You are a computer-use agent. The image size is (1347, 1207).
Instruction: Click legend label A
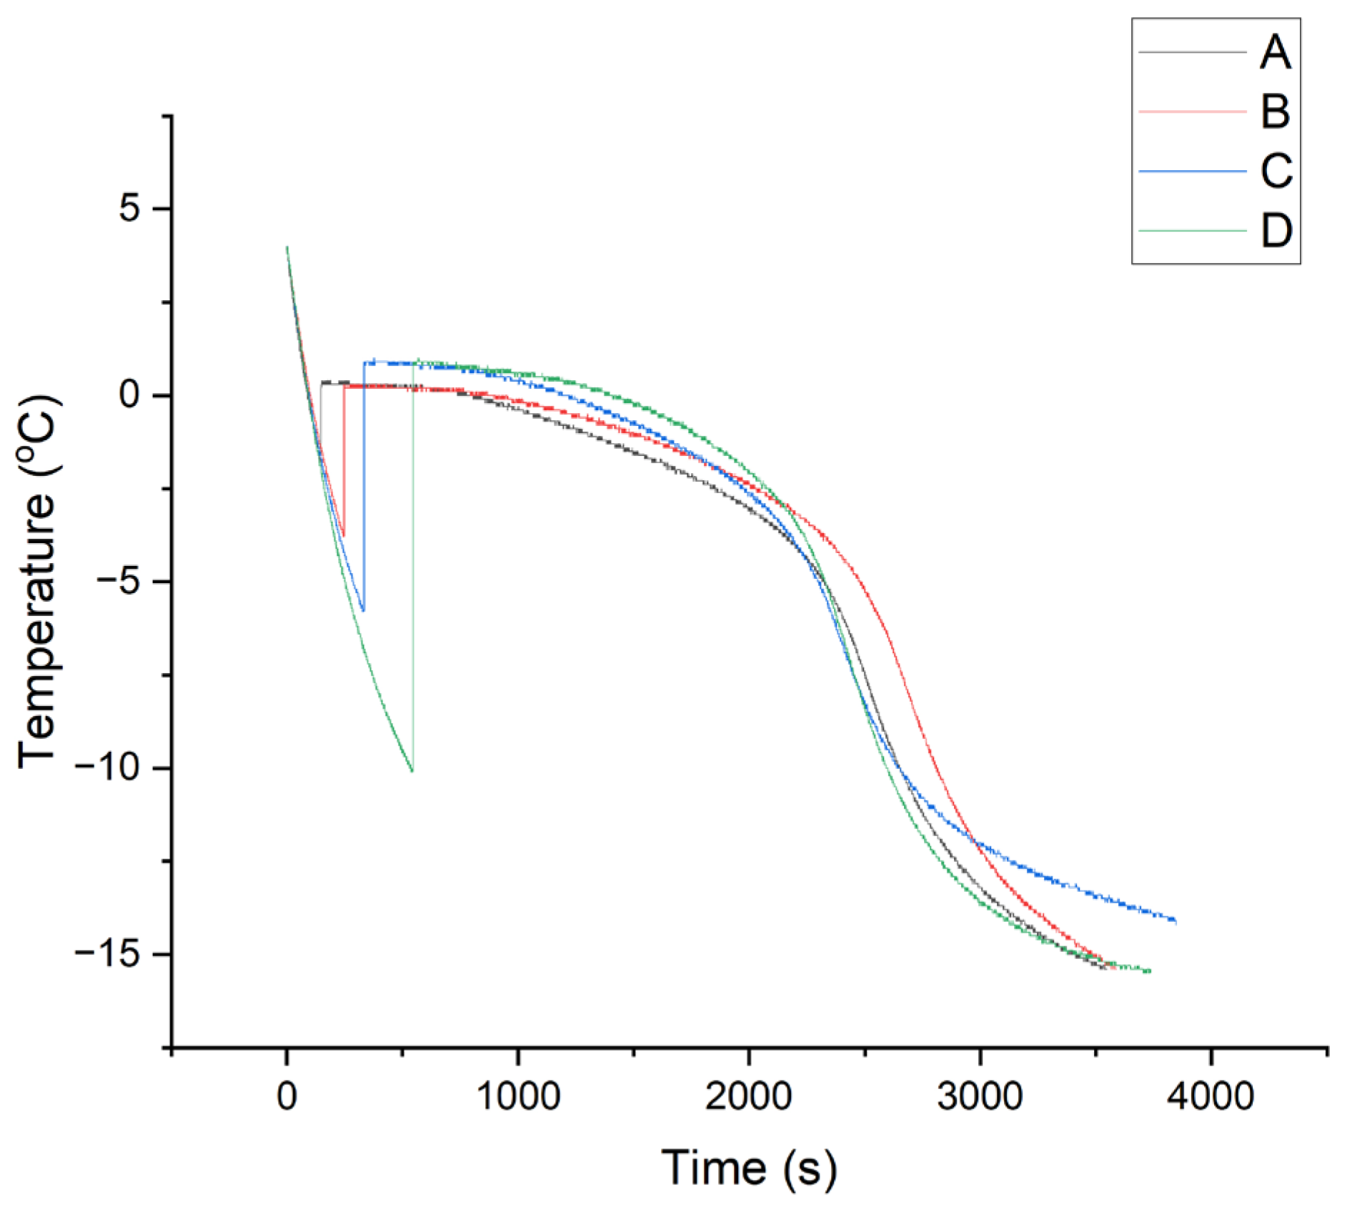tap(1276, 52)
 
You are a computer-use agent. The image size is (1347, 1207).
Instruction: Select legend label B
tap(1276, 111)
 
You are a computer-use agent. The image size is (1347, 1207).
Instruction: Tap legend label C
tap(1276, 172)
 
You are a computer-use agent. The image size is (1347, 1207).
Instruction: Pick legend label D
tap(1276, 231)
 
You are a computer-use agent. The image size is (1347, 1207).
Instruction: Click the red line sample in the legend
tap(1192, 111)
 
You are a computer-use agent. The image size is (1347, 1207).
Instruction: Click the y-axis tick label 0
tap(130, 395)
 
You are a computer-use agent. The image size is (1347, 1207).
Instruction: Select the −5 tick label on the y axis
tap(119, 582)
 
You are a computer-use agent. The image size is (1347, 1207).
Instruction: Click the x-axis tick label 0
tap(287, 1096)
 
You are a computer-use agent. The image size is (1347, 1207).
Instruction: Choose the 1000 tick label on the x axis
tap(518, 1096)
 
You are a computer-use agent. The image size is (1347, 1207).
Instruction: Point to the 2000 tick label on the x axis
tap(749, 1096)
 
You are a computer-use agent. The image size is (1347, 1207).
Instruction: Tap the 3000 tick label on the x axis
tap(980, 1096)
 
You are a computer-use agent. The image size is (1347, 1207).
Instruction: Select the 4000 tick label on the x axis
tap(1211, 1096)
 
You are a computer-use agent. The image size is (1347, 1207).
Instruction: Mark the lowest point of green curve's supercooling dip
tap(412, 771)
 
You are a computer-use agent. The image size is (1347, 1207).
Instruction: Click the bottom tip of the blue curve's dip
tap(363, 611)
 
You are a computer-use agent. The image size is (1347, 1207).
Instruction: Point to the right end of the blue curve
tap(1175, 921)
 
